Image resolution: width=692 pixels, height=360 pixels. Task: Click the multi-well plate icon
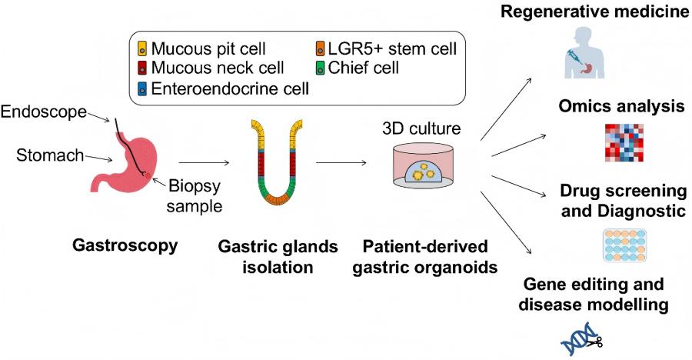coord(624,245)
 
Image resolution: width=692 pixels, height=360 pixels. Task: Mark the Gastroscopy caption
coord(125,246)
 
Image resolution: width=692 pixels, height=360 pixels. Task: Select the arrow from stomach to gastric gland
coord(203,162)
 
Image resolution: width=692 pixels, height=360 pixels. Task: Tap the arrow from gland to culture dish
coord(341,162)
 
